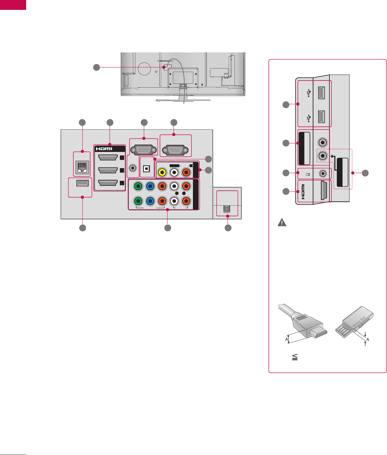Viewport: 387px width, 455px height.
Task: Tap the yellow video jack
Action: point(162,172)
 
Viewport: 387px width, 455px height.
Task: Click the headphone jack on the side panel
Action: point(322,173)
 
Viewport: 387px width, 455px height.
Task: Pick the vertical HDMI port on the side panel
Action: point(322,191)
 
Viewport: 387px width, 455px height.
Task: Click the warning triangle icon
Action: point(282,223)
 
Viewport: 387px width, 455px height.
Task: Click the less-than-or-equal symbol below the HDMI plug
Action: point(295,357)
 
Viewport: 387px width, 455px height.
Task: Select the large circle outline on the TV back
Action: point(145,69)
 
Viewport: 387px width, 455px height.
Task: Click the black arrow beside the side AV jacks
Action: point(333,155)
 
